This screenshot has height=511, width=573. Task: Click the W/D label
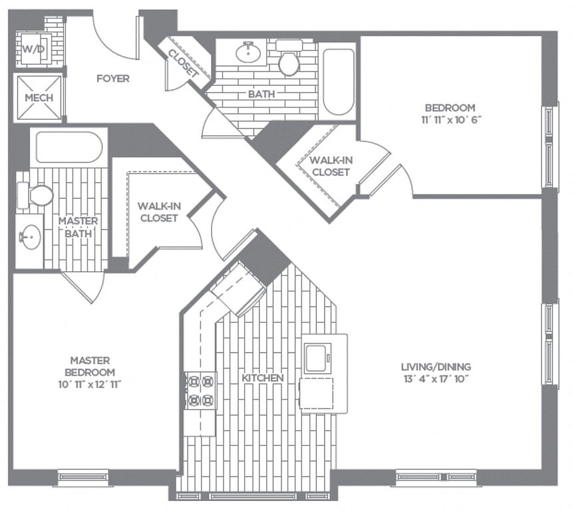pos(34,49)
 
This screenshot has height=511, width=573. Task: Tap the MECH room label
pos(39,98)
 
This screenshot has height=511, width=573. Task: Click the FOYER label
pos(113,79)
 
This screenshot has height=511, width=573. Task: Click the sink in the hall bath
pos(248,53)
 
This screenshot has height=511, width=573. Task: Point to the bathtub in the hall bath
pos(339,82)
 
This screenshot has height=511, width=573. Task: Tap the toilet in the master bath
pos(35,196)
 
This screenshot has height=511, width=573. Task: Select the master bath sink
pos(30,237)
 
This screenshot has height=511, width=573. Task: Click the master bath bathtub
pos(69,147)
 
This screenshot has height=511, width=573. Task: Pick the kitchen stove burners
pos(200,391)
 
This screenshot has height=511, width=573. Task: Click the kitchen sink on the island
pos(317,359)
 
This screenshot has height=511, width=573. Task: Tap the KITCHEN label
pos(263,378)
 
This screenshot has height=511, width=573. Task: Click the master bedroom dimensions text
pos(90,385)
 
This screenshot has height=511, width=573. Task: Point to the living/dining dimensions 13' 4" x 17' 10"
pos(436,379)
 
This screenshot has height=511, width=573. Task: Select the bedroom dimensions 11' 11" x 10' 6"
pos(450,120)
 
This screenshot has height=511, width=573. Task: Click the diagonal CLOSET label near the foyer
pos(183,63)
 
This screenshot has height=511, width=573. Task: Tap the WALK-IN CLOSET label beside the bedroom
pos(331,166)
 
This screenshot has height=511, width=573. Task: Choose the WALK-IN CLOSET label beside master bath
pos(159,212)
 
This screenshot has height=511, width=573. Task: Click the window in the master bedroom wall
pos(83,477)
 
